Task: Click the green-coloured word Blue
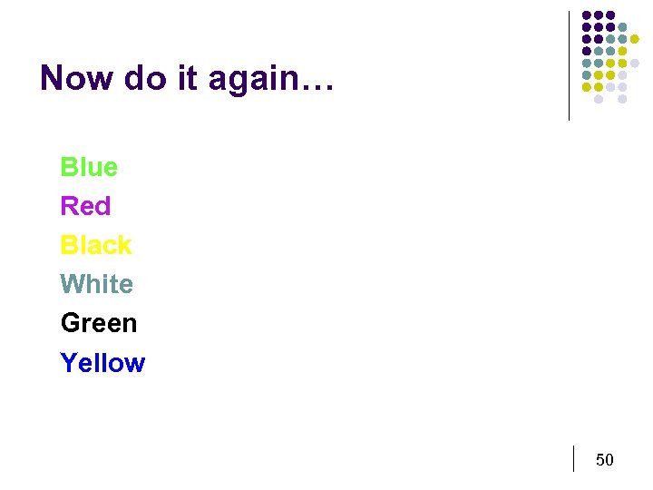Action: pyautogui.click(x=89, y=167)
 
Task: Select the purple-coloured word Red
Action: pyautogui.click(x=85, y=206)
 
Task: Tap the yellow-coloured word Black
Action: pyautogui.click(x=96, y=245)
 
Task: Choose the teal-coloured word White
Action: pyautogui.click(x=96, y=284)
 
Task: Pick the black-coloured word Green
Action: pyautogui.click(x=99, y=323)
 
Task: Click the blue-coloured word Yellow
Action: pyautogui.click(x=102, y=362)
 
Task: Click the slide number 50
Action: pyautogui.click(x=604, y=460)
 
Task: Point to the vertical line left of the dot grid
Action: pyautogui.click(x=569, y=65)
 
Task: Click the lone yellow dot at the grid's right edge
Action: pyautogui.click(x=634, y=39)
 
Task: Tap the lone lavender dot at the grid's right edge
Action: pyautogui.click(x=634, y=63)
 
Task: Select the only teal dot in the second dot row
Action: pyautogui.click(x=622, y=27)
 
